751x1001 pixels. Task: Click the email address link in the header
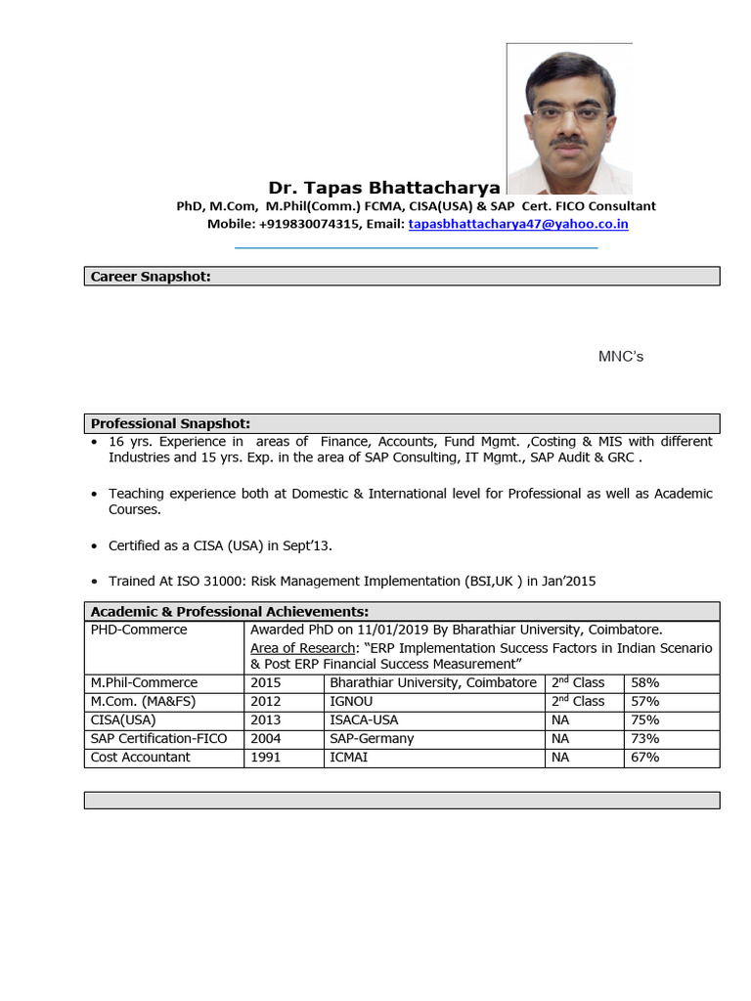coord(518,224)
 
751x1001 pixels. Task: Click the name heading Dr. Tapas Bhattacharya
coord(384,188)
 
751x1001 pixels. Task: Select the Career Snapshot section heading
coord(151,277)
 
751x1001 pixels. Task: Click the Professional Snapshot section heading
coord(170,423)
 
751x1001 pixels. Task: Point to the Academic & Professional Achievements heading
coord(229,611)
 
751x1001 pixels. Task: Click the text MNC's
coord(621,357)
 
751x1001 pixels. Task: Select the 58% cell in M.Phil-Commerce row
coord(645,682)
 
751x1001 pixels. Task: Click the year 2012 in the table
coord(266,701)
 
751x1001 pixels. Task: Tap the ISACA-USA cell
coord(364,719)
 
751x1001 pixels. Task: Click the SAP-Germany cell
coord(372,738)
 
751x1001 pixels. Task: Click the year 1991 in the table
coord(266,757)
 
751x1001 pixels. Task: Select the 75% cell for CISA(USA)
coord(645,719)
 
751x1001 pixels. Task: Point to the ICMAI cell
coord(349,757)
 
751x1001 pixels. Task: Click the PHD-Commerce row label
coord(139,630)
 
